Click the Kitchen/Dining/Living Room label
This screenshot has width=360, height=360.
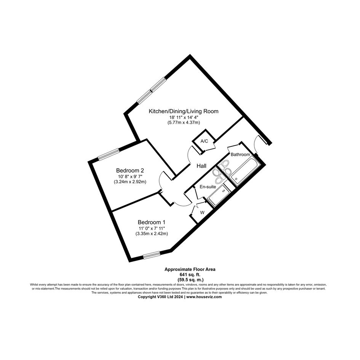click(184, 111)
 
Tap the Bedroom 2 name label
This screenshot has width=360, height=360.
click(130, 171)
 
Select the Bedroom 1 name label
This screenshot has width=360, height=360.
click(152, 222)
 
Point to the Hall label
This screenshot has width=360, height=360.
click(202, 166)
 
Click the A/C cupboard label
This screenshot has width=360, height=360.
click(204, 141)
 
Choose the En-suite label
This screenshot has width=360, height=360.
click(208, 187)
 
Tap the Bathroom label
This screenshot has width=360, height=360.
click(240, 155)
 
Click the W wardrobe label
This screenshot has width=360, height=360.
click(202, 213)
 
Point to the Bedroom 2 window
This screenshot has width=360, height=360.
click(109, 154)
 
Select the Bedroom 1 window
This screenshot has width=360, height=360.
click(152, 255)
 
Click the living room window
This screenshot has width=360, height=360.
click(151, 91)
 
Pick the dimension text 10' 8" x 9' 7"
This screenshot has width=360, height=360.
click(130, 176)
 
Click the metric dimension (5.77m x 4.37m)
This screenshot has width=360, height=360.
click(184, 123)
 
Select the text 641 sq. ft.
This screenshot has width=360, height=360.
click(190, 275)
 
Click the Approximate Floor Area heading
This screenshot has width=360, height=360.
click(190, 270)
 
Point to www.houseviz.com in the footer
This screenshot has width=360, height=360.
click(204, 297)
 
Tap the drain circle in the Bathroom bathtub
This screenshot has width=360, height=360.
click(236, 179)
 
